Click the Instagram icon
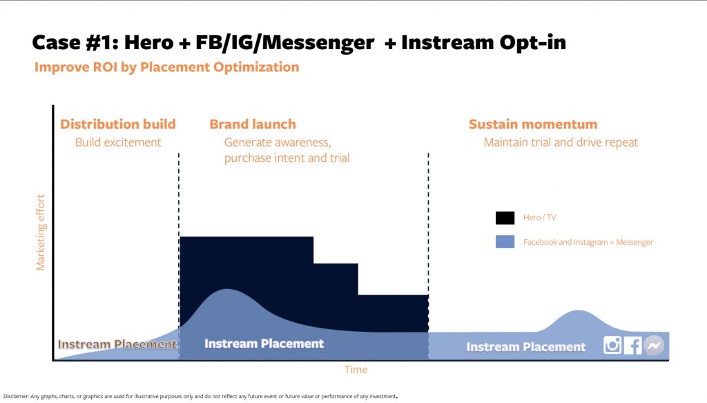[612, 345]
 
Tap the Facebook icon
[633, 345]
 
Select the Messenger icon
[654, 345]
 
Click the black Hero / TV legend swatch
[505, 218]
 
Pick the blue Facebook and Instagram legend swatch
[505, 241]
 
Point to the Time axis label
[356, 370]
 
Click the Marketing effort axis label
[41, 232]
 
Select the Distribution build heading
[117, 124]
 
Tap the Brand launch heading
[253, 124]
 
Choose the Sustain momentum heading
[533, 124]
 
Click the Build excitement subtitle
[118, 142]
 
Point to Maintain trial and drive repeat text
[561, 142]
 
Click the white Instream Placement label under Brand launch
[264, 344]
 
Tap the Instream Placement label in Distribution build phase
[117, 344]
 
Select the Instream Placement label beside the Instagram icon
[525, 347]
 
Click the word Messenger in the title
[318, 43]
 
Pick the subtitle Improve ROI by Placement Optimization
[167, 67]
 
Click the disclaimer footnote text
[200, 396]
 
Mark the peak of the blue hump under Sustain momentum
[579, 310]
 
